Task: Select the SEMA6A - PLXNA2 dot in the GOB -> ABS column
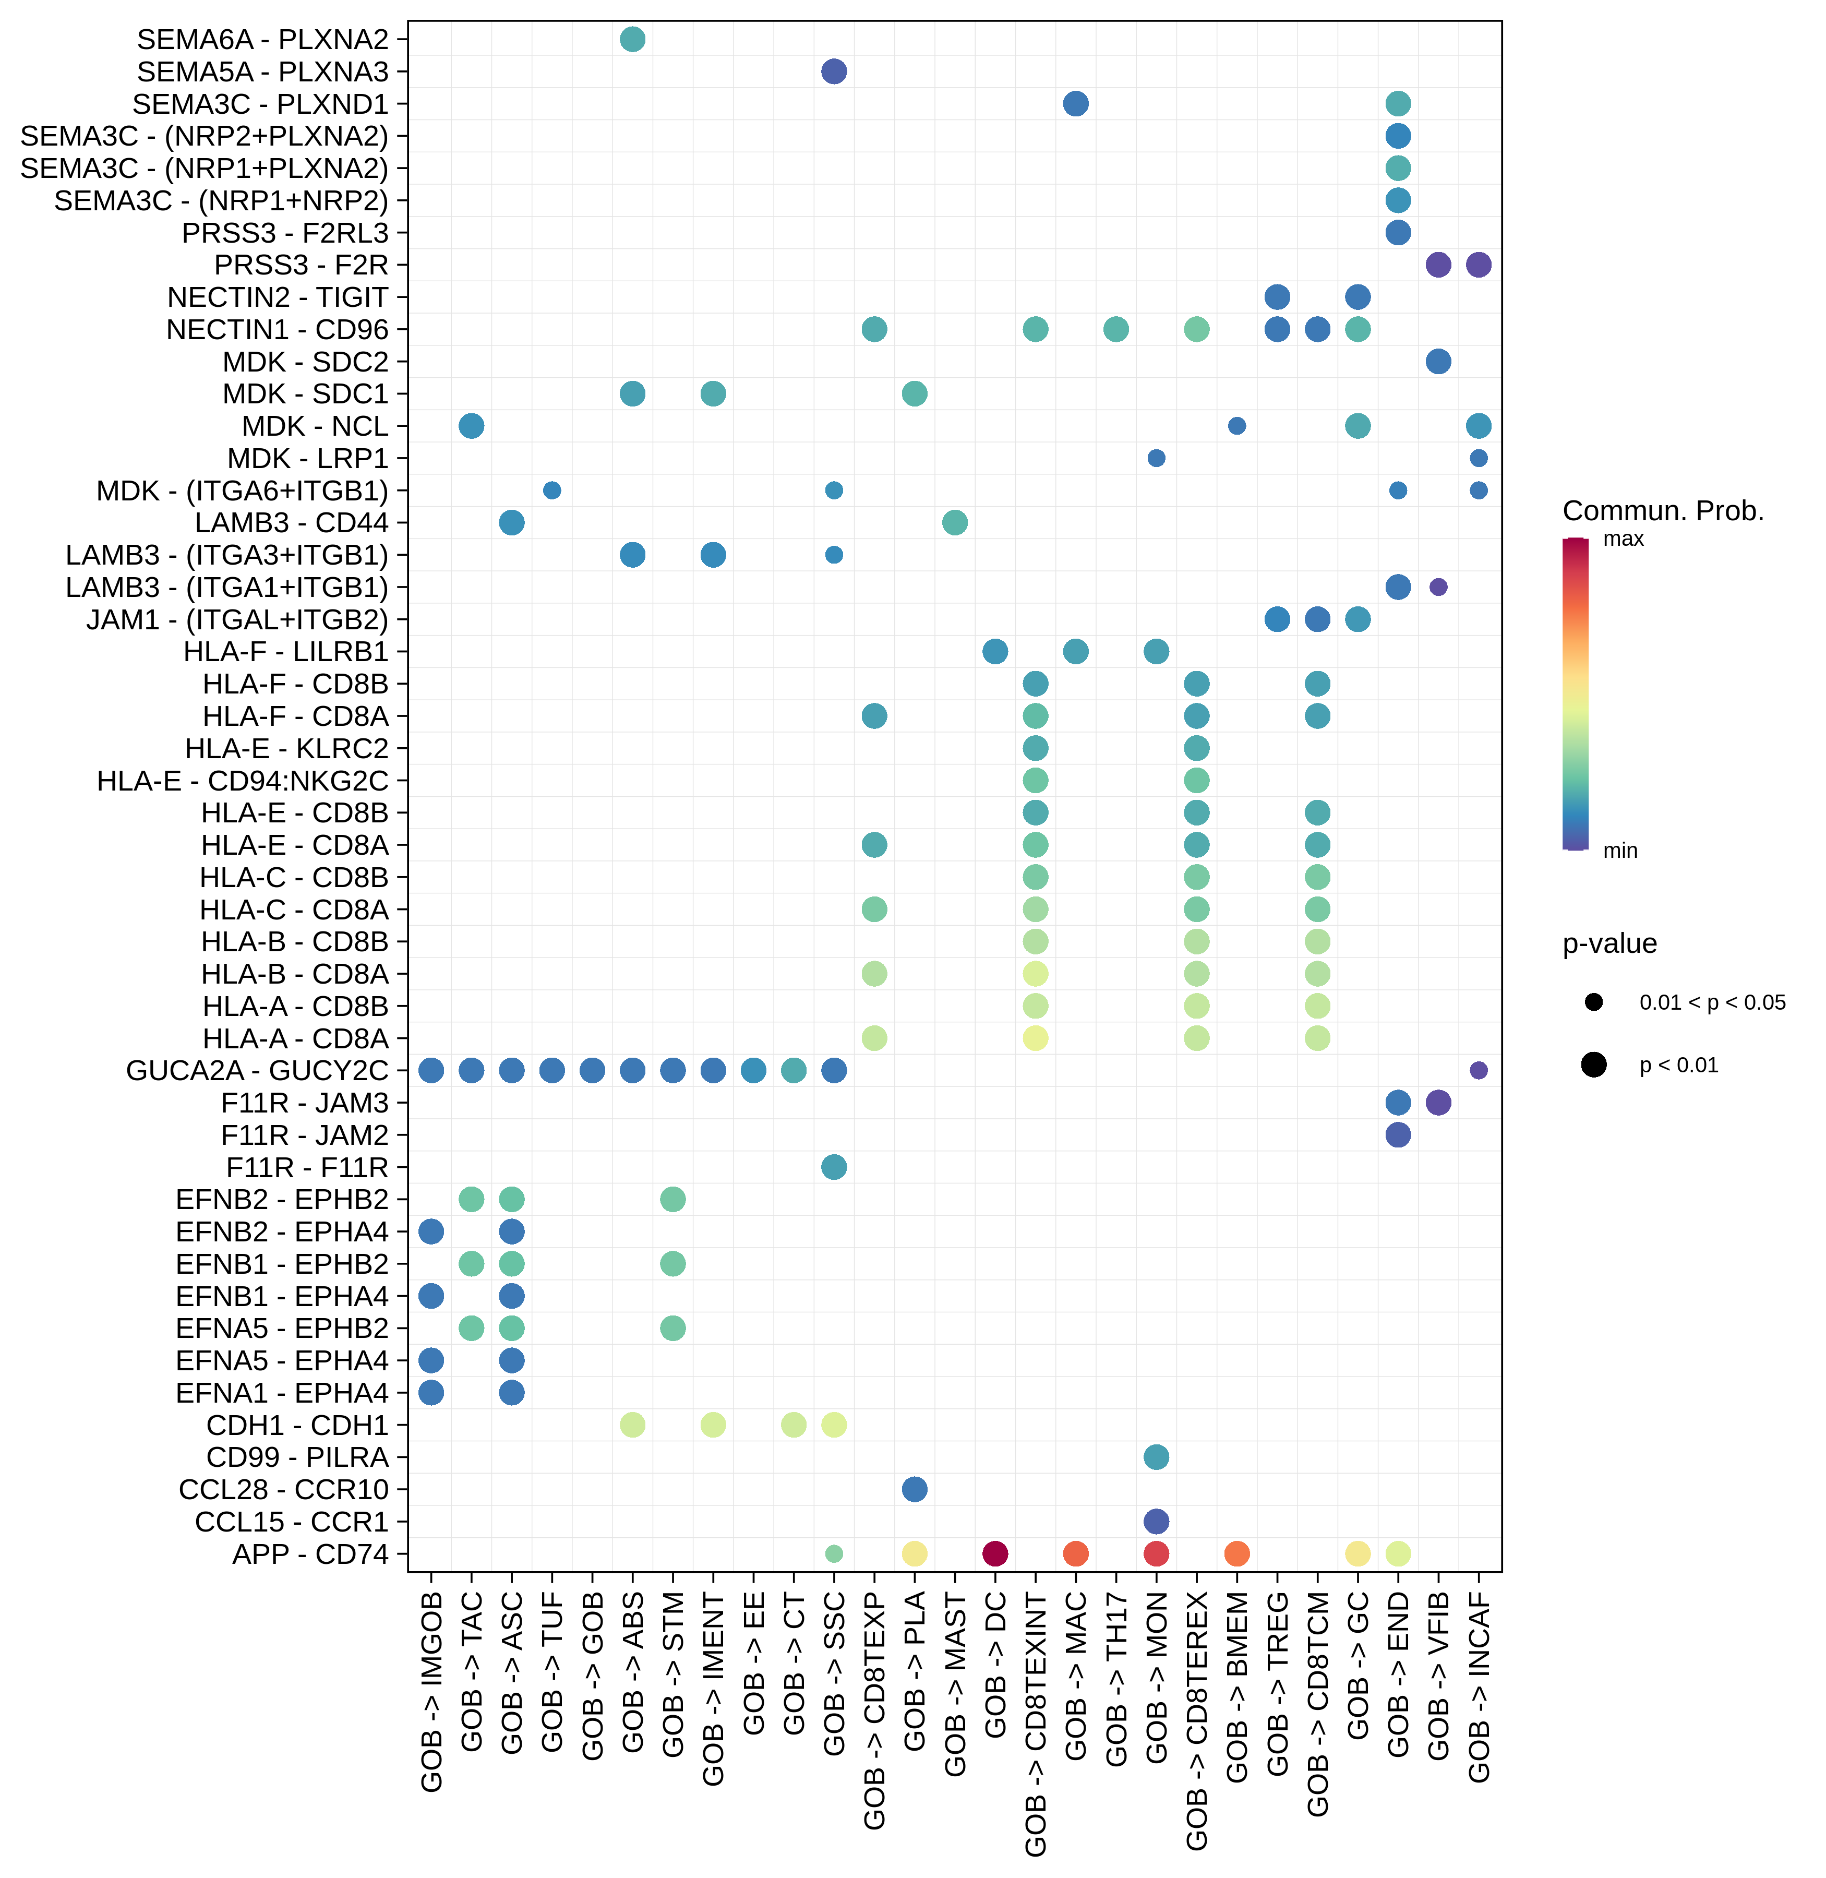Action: point(632,39)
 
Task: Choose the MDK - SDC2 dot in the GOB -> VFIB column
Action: point(1438,362)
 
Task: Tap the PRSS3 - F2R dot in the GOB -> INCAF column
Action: point(1479,265)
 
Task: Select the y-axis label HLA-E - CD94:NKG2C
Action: point(243,781)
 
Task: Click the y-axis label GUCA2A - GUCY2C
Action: point(257,1070)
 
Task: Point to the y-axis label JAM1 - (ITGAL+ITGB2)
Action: point(237,619)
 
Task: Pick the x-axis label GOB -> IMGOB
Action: point(431,1691)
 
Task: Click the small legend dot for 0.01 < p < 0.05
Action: point(1594,1002)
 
